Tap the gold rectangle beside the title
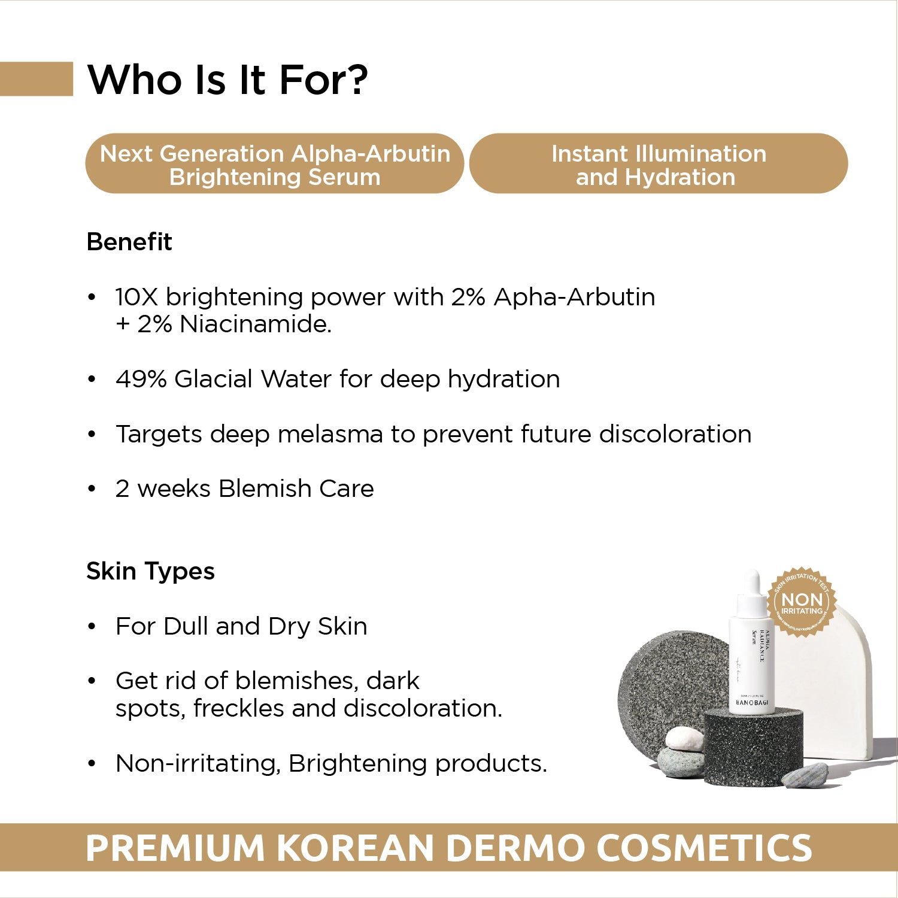click(x=36, y=78)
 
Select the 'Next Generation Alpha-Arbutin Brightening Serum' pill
click(x=275, y=164)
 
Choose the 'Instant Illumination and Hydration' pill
click(x=659, y=164)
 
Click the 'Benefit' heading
click(x=129, y=242)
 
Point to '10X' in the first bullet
click(x=136, y=297)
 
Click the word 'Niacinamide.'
click(x=256, y=324)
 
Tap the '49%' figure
click(x=141, y=379)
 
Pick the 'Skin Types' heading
click(x=150, y=571)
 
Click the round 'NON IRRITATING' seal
click(x=802, y=602)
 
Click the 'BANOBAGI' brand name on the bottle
click(x=751, y=702)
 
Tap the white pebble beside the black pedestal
click(x=685, y=738)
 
